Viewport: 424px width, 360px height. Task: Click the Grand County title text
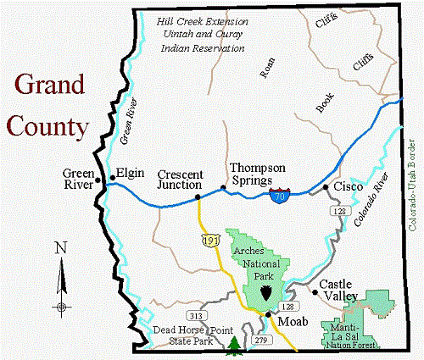coord(47,106)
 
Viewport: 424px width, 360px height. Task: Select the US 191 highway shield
coord(209,241)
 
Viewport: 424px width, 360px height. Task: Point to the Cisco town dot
coord(326,187)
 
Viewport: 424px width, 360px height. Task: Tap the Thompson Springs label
coord(258,174)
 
